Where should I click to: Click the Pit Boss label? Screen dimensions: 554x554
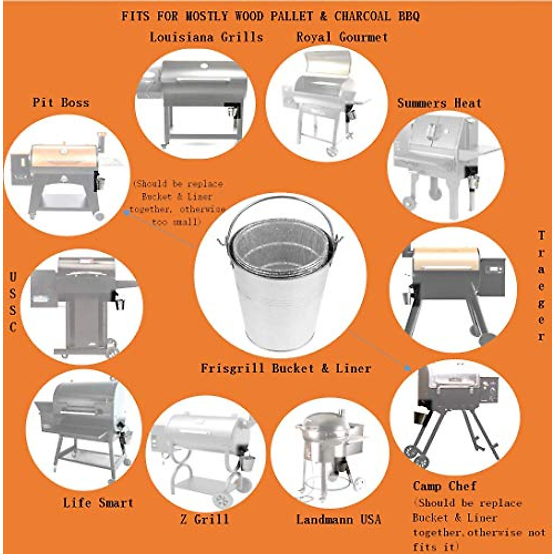pyautogui.click(x=60, y=102)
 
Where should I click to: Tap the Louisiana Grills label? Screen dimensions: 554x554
pyautogui.click(x=206, y=37)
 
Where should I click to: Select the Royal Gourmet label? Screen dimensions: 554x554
pyautogui.click(x=342, y=37)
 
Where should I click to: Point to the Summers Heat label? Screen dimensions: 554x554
pyautogui.click(x=439, y=103)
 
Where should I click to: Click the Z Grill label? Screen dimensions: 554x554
pyautogui.click(x=204, y=519)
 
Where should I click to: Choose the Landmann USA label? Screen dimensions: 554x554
pyautogui.click(x=339, y=519)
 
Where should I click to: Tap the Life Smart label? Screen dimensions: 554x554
pyautogui.click(x=98, y=502)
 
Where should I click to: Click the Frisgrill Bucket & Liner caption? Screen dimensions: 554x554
pyautogui.click(x=286, y=368)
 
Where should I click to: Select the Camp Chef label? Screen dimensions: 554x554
pyautogui.click(x=444, y=486)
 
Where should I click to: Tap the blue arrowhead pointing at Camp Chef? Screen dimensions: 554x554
pyautogui.click(x=407, y=368)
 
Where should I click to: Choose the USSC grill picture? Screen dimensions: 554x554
pyautogui.click(x=83, y=305)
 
